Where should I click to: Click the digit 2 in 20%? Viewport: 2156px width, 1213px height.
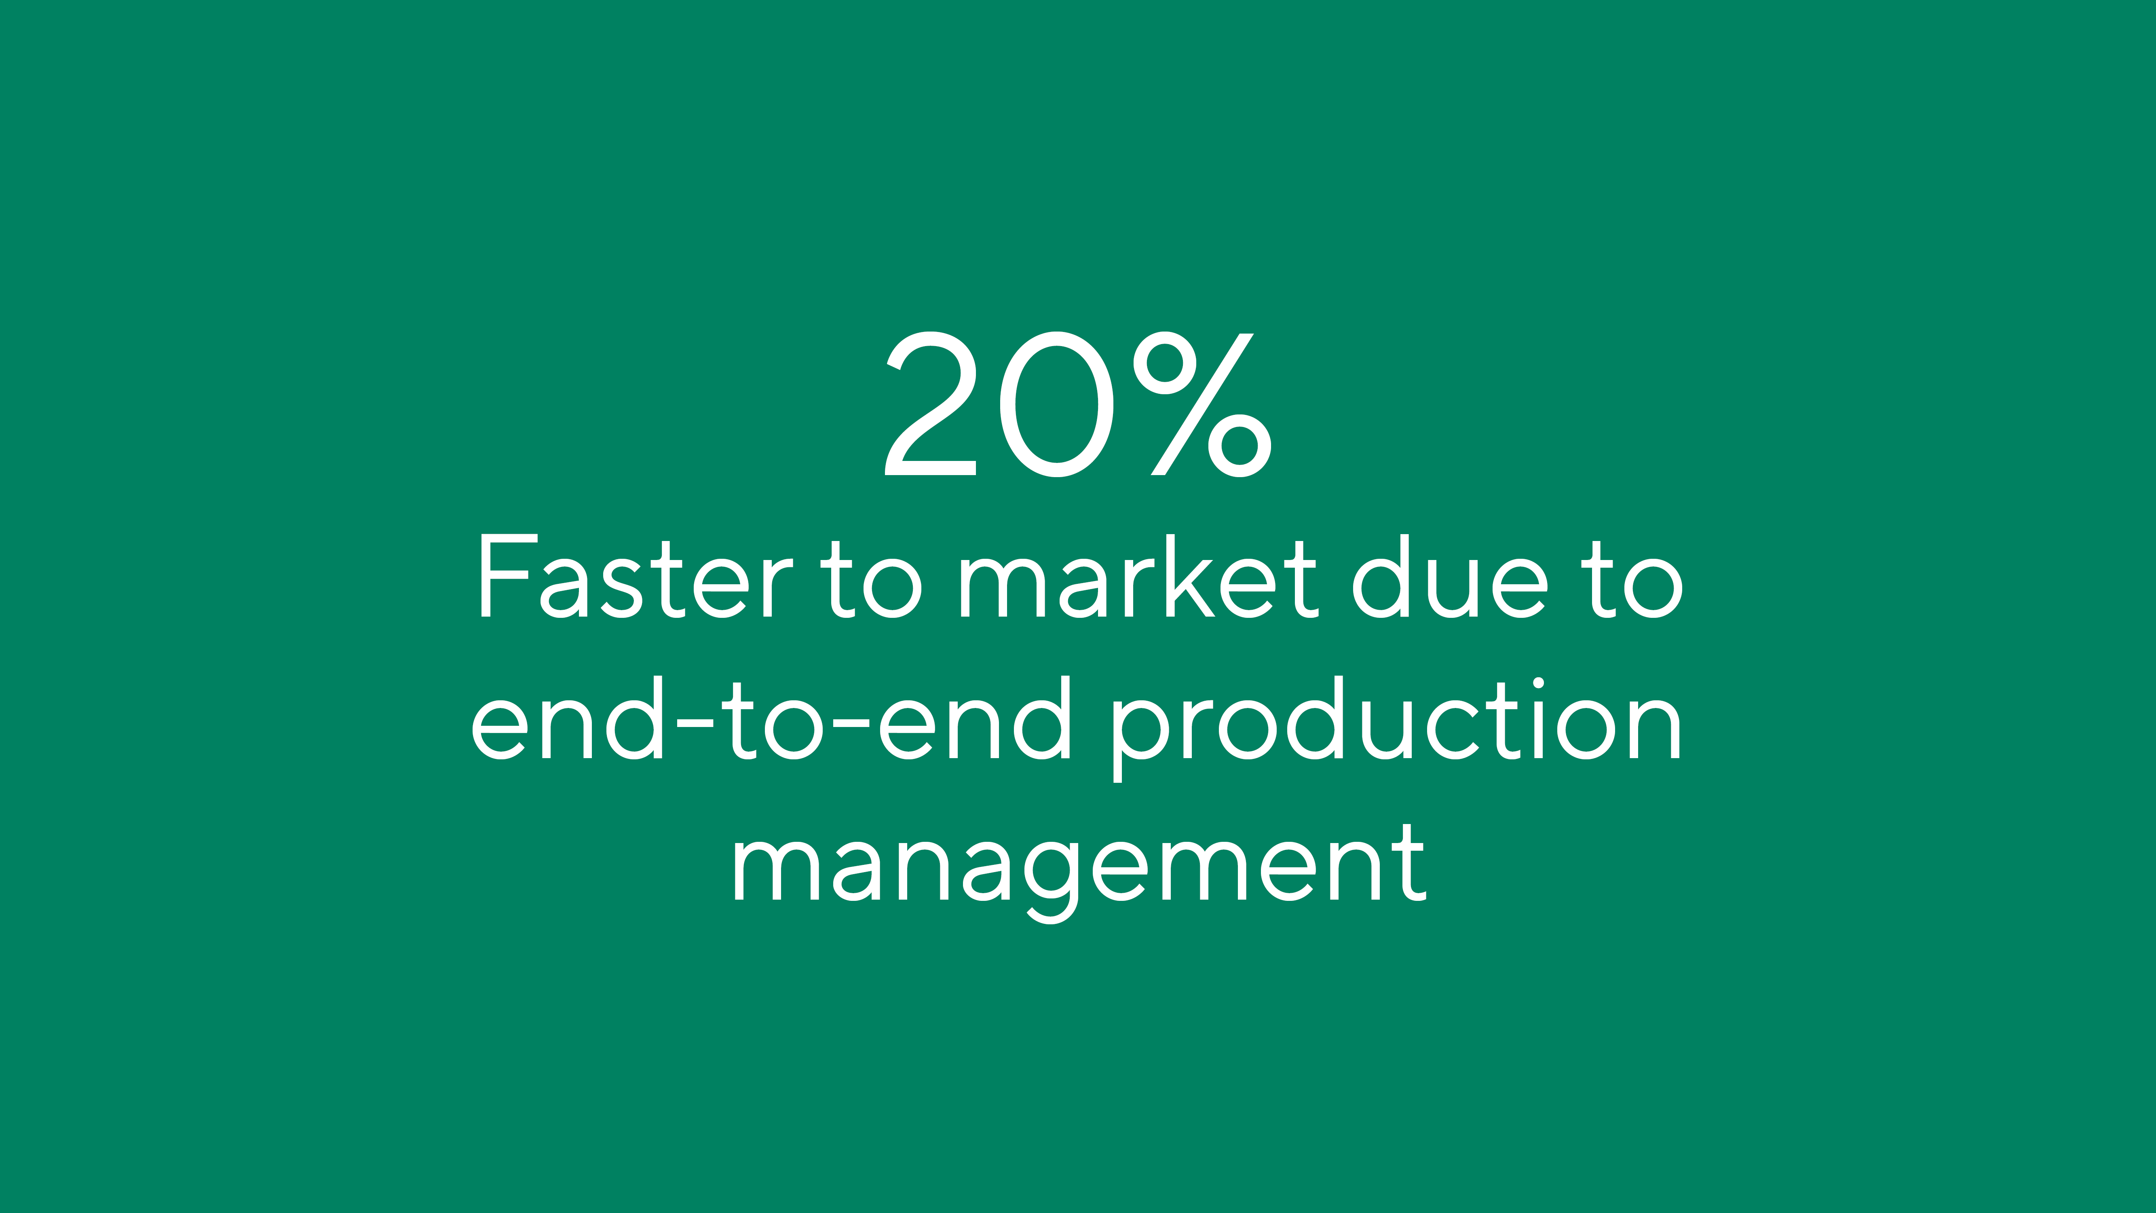pyautogui.click(x=931, y=404)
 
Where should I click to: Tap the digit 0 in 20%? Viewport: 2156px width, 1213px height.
pyautogui.click(x=1057, y=404)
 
